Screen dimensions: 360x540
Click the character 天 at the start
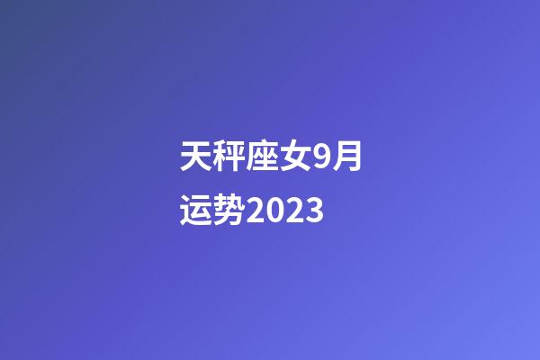[x=196, y=159]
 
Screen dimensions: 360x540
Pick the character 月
[x=348, y=159]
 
